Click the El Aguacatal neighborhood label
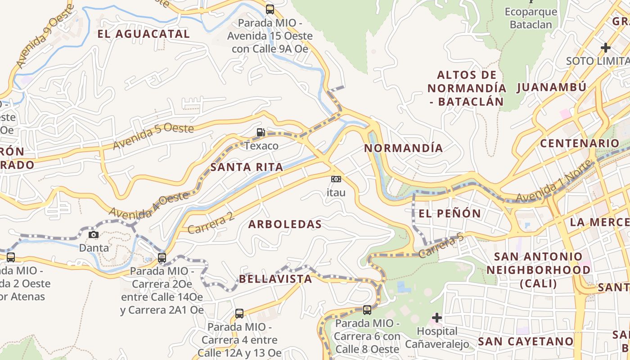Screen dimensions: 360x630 [144, 34]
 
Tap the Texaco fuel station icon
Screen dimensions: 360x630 [261, 132]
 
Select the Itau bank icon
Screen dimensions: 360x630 [336, 179]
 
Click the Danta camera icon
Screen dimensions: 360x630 [94, 234]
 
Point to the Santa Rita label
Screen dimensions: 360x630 [247, 167]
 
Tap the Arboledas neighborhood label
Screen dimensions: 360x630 [285, 224]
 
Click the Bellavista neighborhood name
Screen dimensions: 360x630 [275, 279]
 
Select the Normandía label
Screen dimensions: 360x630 [403, 148]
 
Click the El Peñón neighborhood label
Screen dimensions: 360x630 [450, 213]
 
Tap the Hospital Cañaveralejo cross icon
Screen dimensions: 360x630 [436, 318]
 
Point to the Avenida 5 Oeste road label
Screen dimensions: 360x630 [153, 136]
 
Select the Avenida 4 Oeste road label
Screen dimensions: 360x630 [148, 205]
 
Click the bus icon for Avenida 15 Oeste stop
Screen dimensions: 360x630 [270, 9]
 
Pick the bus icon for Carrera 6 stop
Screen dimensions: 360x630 [367, 310]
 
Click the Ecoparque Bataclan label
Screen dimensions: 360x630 [531, 18]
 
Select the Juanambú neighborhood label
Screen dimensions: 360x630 [551, 87]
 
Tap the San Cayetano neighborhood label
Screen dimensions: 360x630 [526, 341]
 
